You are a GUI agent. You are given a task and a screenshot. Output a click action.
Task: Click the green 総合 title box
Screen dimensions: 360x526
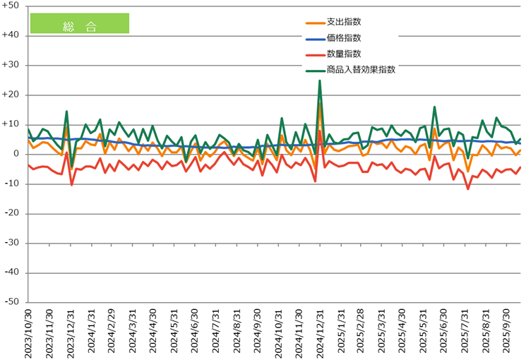point(79,23)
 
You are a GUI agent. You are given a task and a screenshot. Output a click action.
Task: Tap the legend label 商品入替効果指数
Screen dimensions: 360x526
point(360,69)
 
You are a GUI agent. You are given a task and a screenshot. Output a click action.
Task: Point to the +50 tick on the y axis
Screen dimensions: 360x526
point(12,6)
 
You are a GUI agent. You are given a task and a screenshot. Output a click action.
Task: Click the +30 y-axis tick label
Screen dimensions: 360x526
point(12,65)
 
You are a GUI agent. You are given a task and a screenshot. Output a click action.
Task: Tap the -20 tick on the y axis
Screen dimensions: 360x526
point(13,213)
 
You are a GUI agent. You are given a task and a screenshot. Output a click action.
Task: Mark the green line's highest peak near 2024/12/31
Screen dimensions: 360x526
point(320,80)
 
